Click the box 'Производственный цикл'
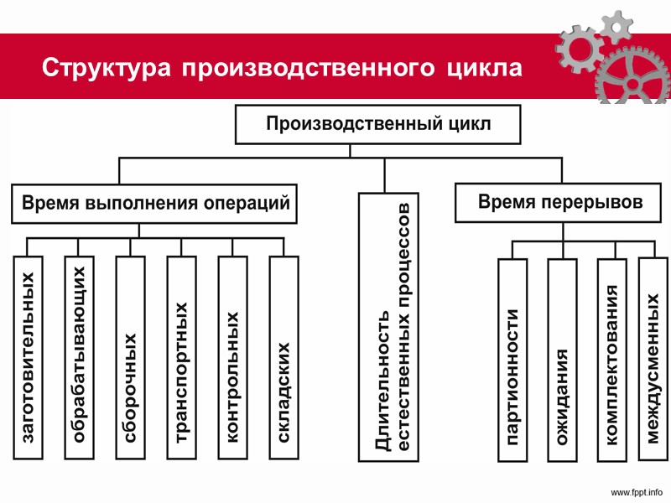pos(377,125)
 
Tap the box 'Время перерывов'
pos(559,203)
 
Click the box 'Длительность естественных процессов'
pos(385,327)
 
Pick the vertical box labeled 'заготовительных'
pos(28,357)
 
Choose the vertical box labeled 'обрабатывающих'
pos(79,357)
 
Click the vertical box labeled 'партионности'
pos(512,360)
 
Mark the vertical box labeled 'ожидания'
pos(562,360)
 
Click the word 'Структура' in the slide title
pos(107,68)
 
